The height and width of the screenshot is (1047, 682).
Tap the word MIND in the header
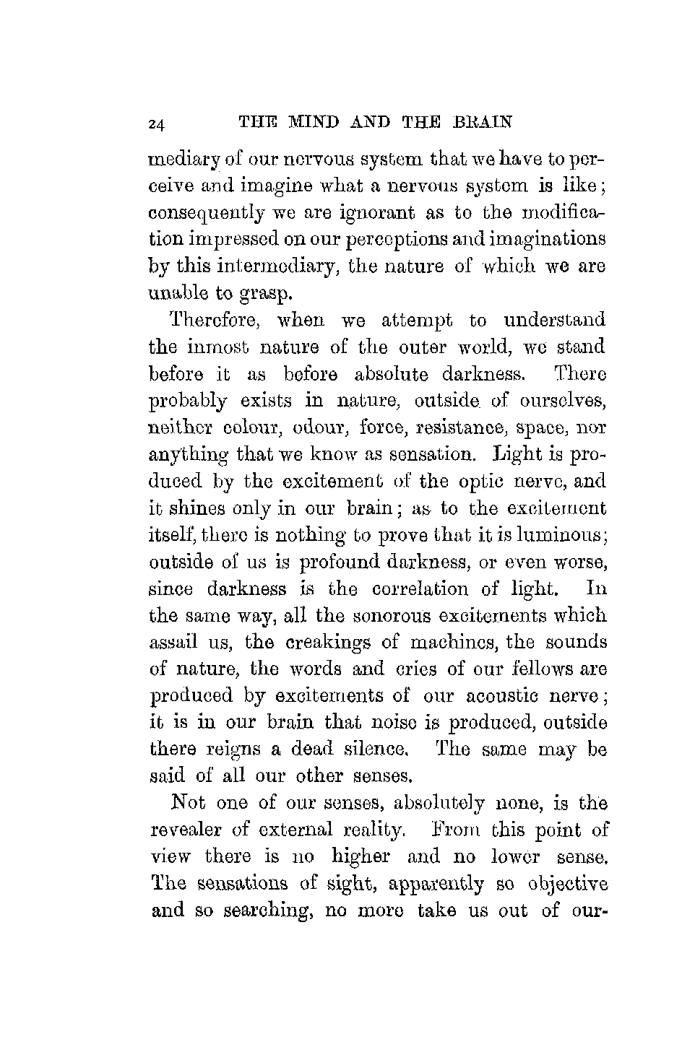click(298, 122)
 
